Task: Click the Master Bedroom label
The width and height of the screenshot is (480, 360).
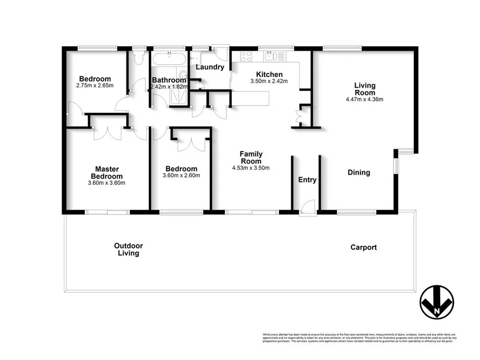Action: click(x=107, y=172)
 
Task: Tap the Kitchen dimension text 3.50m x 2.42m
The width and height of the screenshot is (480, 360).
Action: click(x=269, y=82)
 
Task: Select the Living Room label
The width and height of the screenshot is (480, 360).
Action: click(x=365, y=89)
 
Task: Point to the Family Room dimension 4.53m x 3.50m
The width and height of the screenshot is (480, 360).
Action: click(x=251, y=168)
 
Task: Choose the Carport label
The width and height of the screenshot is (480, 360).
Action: click(x=363, y=247)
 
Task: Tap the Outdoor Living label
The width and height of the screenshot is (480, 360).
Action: click(x=128, y=249)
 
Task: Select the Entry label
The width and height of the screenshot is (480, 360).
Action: click(x=307, y=180)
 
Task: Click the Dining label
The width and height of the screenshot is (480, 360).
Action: click(x=359, y=172)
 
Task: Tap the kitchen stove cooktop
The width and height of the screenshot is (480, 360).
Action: click(x=247, y=56)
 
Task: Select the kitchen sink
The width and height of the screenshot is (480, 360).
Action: click(x=270, y=56)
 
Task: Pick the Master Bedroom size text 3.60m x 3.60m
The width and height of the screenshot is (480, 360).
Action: click(x=107, y=182)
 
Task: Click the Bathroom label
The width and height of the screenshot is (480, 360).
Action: click(x=168, y=80)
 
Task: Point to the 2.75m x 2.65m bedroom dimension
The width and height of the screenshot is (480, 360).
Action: click(x=95, y=85)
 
